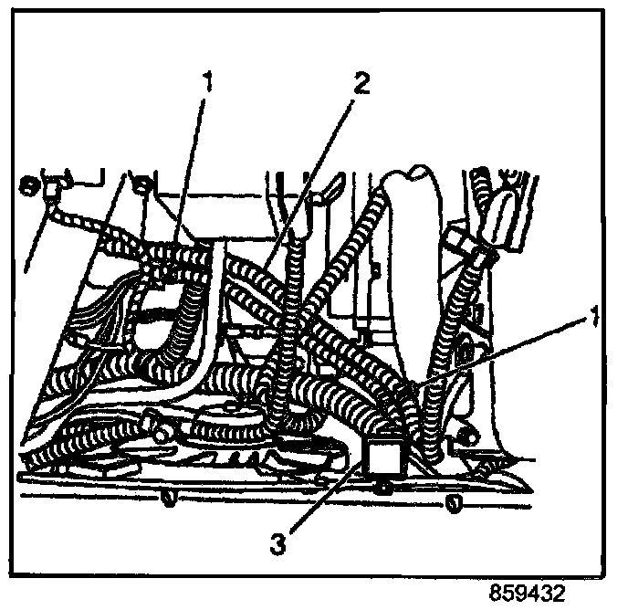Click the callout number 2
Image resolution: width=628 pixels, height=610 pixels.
pos(362,84)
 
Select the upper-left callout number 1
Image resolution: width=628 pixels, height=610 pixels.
pos(209,84)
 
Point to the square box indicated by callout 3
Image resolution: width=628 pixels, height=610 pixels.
pos(382,456)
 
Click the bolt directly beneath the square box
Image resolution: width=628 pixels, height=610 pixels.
pos(384,489)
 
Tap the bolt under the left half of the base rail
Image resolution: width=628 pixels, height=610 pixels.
pos(167,497)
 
